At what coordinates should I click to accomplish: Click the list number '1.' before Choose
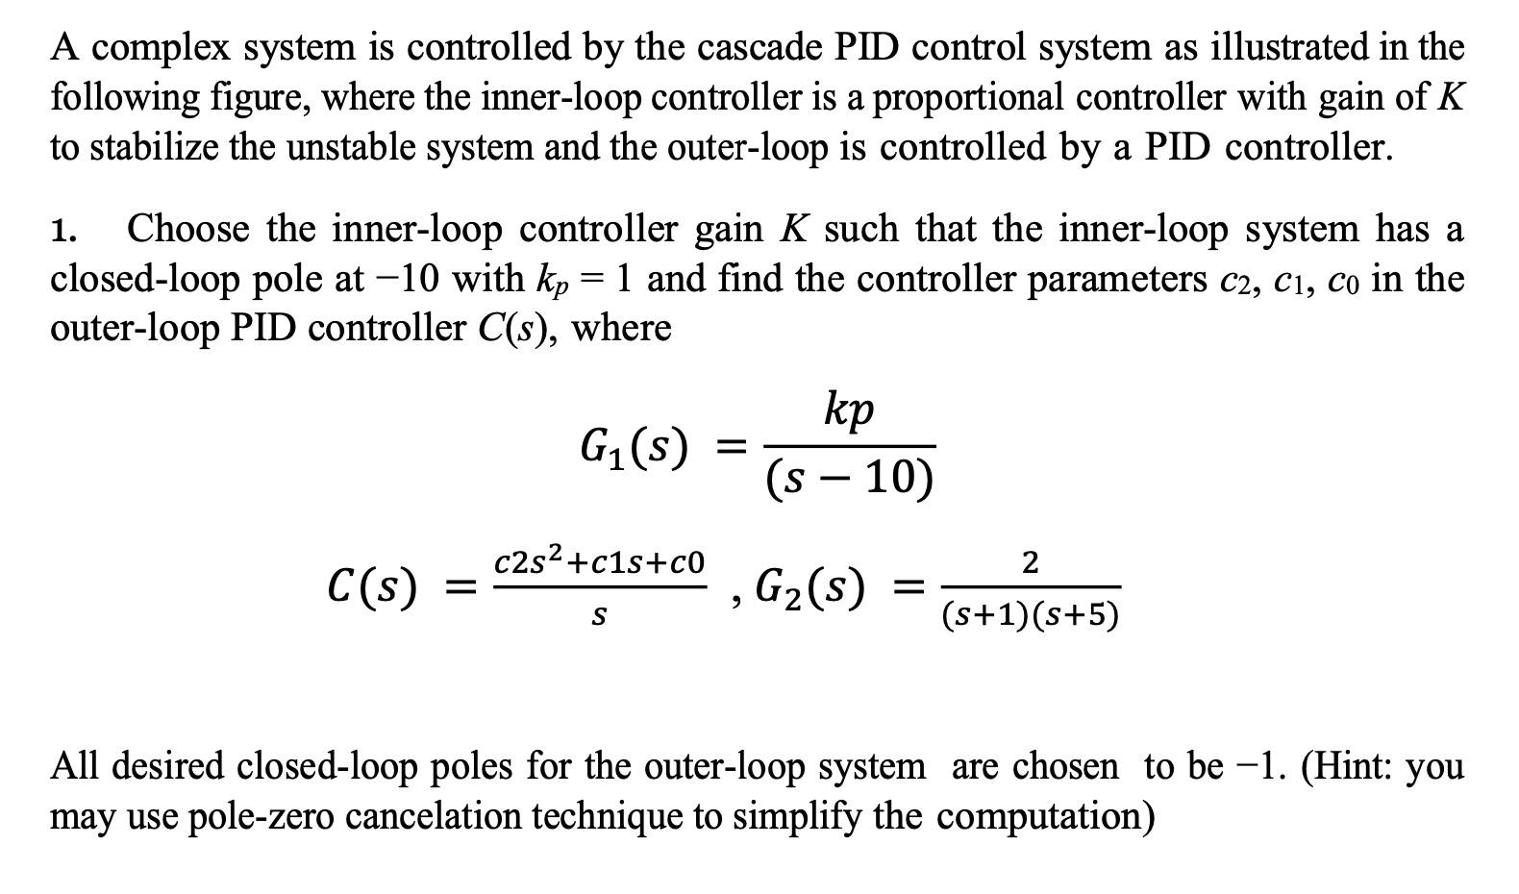[64, 231]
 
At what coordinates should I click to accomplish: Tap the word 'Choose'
[188, 230]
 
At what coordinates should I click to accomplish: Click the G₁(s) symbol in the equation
[635, 447]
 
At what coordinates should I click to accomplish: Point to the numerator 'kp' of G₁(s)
[850, 410]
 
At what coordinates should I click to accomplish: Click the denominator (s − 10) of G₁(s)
[850, 478]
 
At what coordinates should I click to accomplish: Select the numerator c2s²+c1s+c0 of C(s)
[599, 561]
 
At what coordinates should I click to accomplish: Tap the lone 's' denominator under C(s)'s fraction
[598, 616]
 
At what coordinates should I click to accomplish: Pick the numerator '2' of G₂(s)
[1030, 561]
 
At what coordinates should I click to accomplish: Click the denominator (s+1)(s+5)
[1030, 615]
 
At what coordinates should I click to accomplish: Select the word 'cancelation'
[436, 816]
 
